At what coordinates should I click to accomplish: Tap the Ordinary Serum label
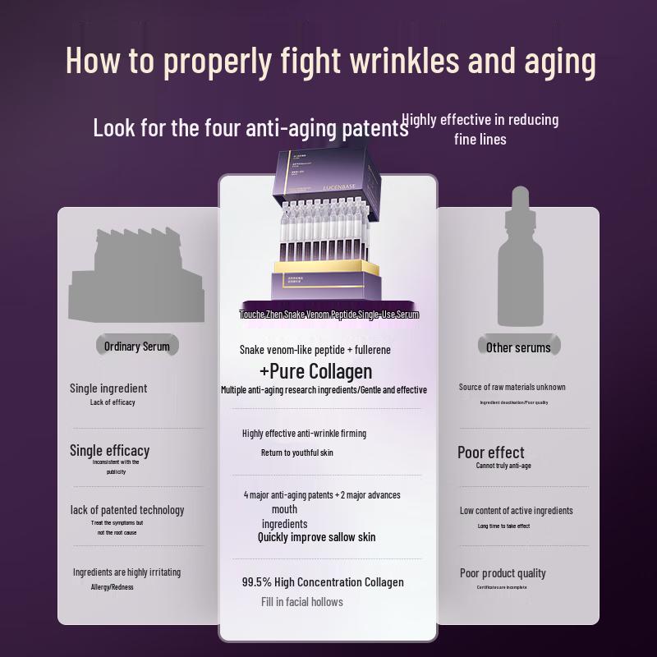[137, 347]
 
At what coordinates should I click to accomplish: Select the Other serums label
[518, 347]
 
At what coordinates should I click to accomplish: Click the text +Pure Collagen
[315, 371]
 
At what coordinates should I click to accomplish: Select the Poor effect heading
[490, 453]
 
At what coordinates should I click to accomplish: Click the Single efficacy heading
[109, 450]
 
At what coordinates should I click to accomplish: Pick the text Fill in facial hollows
[302, 602]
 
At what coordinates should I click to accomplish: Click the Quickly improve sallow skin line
[316, 537]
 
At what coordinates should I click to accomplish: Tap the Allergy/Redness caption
[112, 587]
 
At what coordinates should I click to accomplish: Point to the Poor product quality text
[503, 573]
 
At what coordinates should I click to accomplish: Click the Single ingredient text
[108, 388]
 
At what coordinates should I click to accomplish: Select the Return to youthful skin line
[296, 453]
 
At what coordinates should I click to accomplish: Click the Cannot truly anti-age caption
[503, 466]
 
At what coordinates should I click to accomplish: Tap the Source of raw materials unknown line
[512, 387]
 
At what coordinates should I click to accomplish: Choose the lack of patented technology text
[127, 510]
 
